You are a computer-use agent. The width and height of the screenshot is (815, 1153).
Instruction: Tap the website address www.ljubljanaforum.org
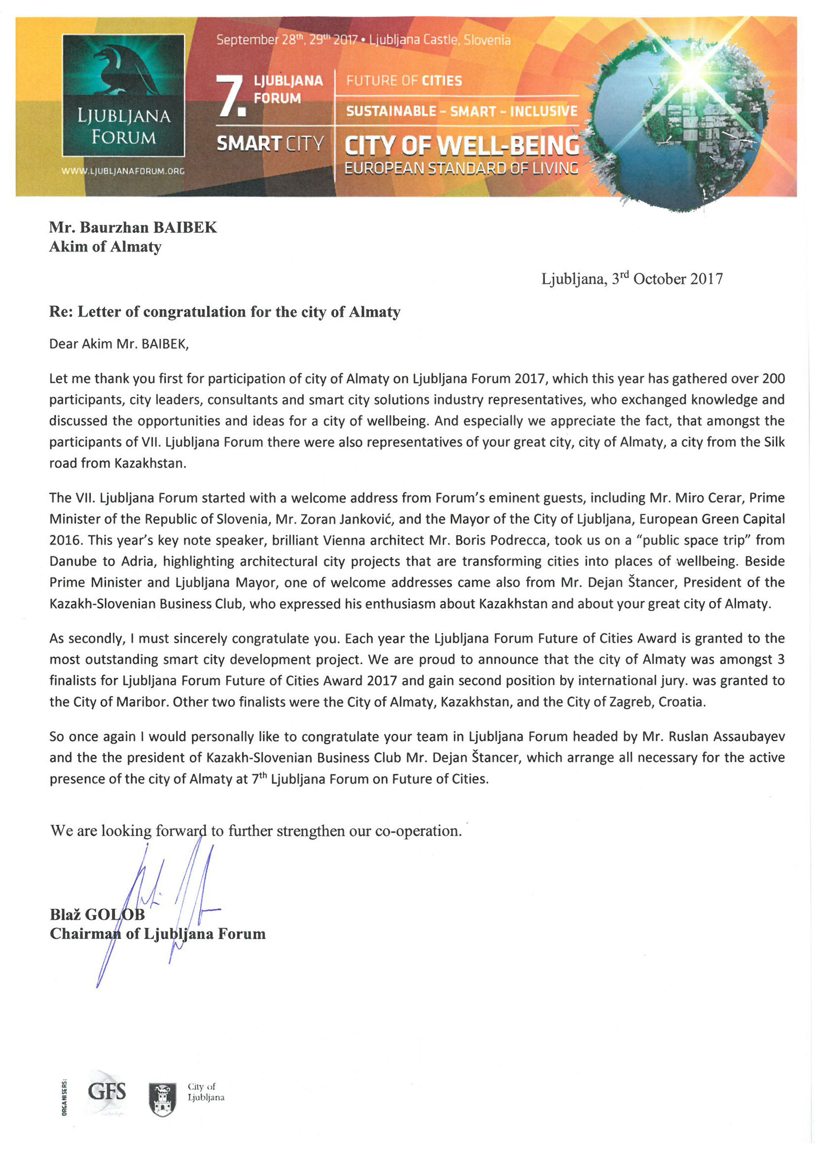click(x=123, y=171)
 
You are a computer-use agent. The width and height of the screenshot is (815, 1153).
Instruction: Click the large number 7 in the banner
click(x=230, y=95)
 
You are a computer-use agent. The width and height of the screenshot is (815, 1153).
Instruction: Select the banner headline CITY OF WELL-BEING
click(x=461, y=146)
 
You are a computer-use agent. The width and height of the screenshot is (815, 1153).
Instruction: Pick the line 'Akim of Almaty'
click(x=105, y=247)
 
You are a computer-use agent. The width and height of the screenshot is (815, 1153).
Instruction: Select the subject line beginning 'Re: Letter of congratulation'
click(x=224, y=312)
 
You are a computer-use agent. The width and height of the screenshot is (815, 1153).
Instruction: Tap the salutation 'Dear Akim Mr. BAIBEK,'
click(x=118, y=344)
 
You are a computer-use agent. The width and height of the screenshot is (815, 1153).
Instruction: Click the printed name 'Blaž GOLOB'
click(x=97, y=914)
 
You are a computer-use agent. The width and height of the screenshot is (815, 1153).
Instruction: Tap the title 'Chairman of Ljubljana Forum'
click(x=157, y=934)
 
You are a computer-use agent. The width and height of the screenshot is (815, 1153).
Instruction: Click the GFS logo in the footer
click(x=106, y=1091)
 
